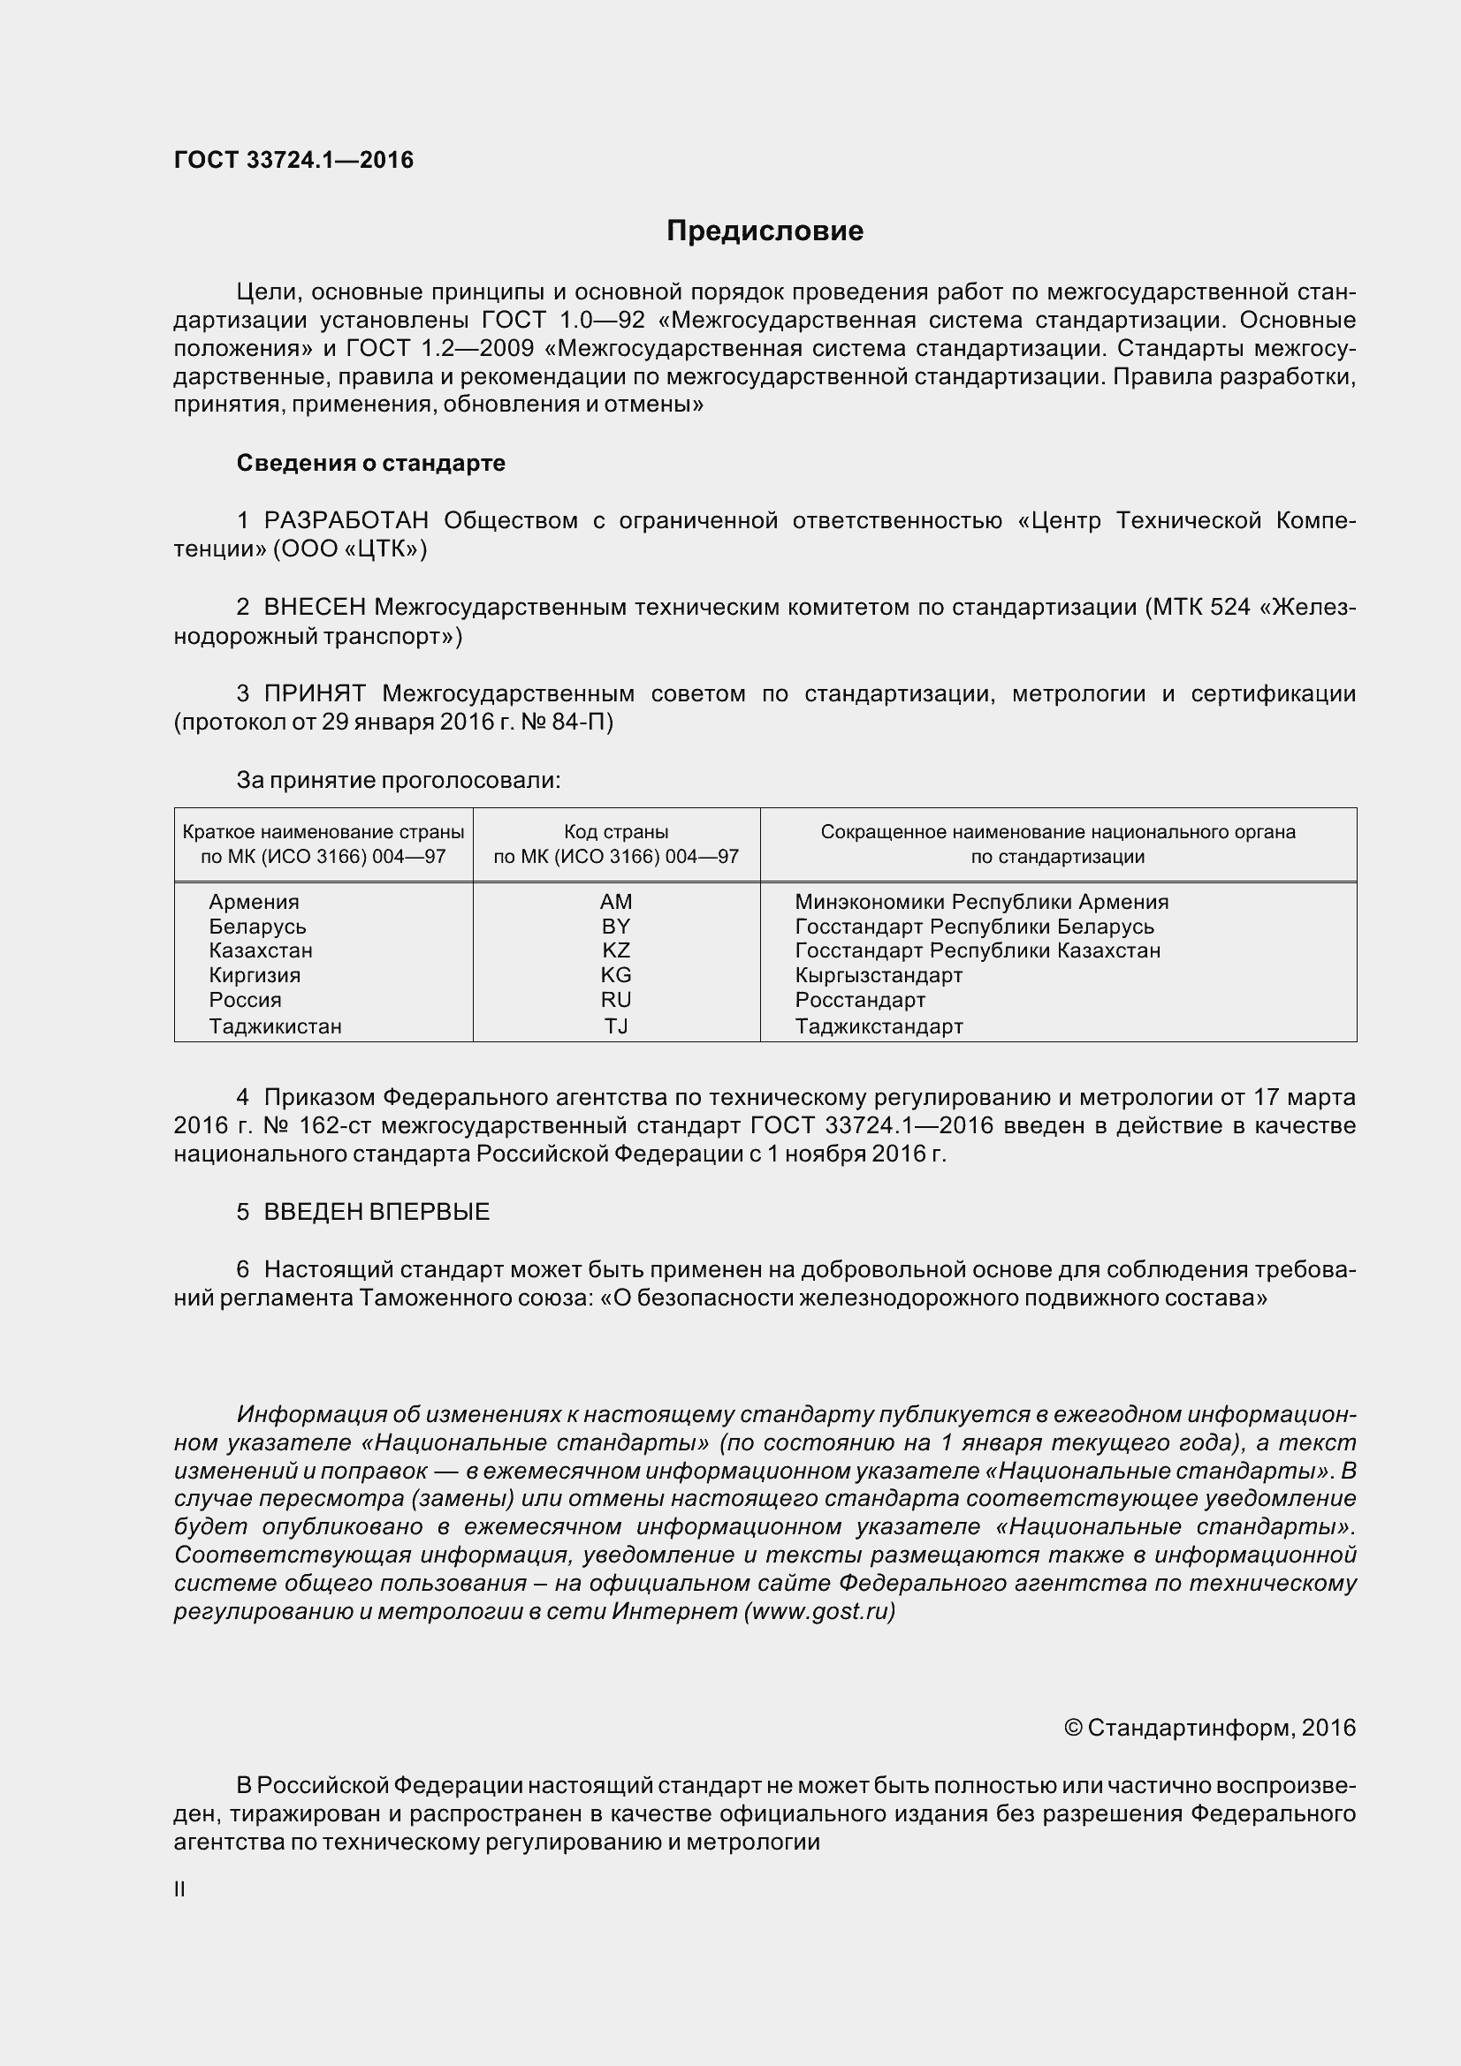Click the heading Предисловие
(x=765, y=231)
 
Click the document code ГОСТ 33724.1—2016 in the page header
(x=293, y=160)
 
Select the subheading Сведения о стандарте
(x=370, y=464)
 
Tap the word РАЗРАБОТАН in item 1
(x=346, y=521)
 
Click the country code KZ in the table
(x=616, y=951)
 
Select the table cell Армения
(x=254, y=902)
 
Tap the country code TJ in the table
(x=616, y=1025)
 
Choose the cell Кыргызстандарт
(x=879, y=975)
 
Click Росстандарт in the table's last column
(x=860, y=1000)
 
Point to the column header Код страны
(x=616, y=832)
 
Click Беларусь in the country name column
(x=257, y=927)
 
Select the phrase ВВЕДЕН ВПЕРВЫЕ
(x=377, y=1212)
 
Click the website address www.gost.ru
(x=819, y=1612)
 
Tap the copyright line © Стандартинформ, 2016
(x=1209, y=1729)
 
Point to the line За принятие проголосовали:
(x=398, y=780)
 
